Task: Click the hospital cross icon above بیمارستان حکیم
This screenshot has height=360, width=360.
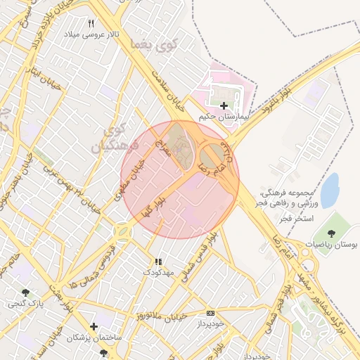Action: click(224, 105)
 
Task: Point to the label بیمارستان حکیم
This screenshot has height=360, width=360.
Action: click(224, 116)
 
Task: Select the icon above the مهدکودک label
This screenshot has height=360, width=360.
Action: click(157, 261)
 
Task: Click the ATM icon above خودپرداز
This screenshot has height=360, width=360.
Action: click(210, 312)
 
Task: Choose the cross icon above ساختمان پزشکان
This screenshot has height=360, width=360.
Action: click(94, 326)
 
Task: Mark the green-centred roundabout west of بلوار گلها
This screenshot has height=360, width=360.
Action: click(124, 231)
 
